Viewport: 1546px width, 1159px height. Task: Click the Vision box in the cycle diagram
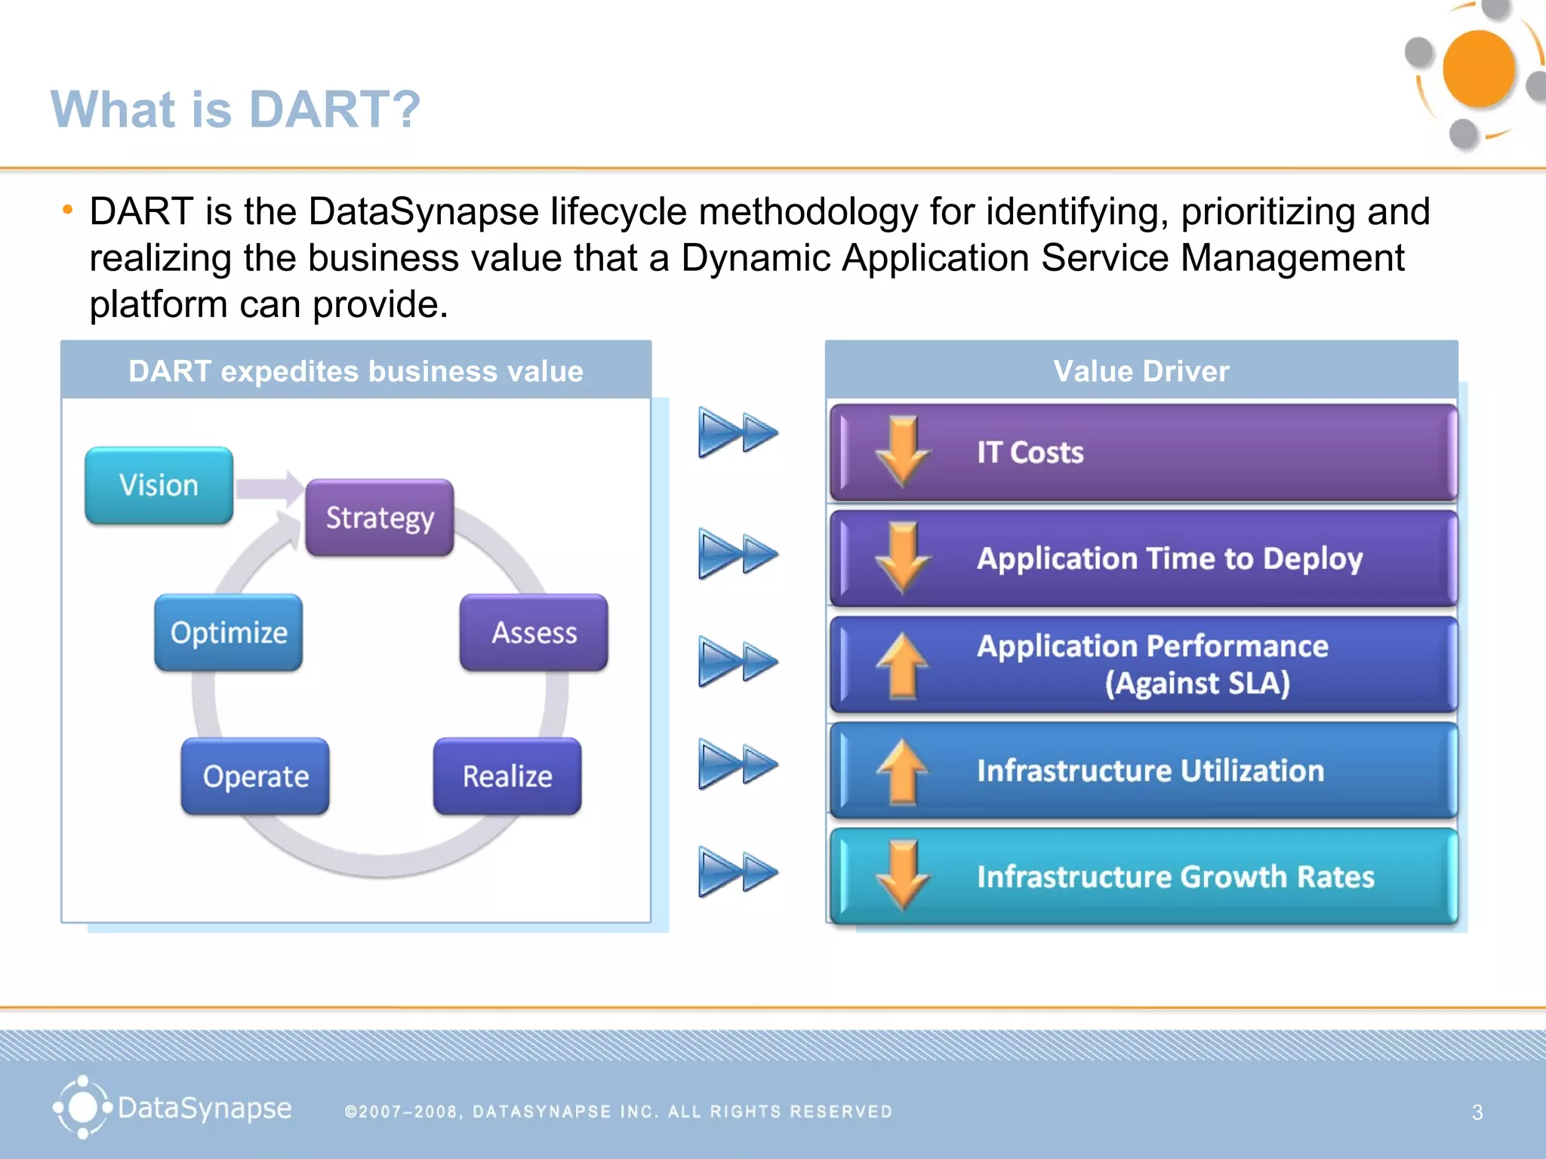pyautogui.click(x=159, y=485)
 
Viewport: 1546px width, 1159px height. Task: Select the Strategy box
pyautogui.click(x=380, y=518)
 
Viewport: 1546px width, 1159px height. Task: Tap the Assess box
pyautogui.click(x=534, y=632)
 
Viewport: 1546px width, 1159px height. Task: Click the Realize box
pyautogui.click(x=507, y=776)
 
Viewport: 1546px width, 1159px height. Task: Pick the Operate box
pyautogui.click(x=255, y=776)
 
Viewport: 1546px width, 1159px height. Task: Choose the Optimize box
pyautogui.click(x=229, y=632)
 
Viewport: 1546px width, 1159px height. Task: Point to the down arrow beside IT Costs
pyautogui.click(x=902, y=451)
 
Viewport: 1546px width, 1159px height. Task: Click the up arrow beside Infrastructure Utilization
pyautogui.click(x=902, y=770)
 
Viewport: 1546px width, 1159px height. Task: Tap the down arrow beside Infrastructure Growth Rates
pyautogui.click(x=902, y=876)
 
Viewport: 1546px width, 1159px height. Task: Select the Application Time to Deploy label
pyautogui.click(x=1169, y=558)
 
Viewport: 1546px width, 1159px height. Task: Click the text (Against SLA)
pyautogui.click(x=1197, y=683)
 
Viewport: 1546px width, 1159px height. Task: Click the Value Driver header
pyautogui.click(x=1141, y=370)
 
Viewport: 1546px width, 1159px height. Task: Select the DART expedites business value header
pyautogui.click(x=356, y=370)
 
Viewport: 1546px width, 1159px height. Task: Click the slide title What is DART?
pyautogui.click(x=236, y=109)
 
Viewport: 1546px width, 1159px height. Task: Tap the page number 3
pyautogui.click(x=1477, y=1111)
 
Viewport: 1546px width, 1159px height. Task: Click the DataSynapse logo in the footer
pyautogui.click(x=172, y=1108)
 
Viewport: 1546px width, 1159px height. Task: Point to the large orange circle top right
pyautogui.click(x=1477, y=69)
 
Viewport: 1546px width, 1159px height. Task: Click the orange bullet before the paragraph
pyautogui.click(x=68, y=210)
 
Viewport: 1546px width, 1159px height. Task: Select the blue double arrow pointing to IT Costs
pyautogui.click(x=737, y=432)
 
